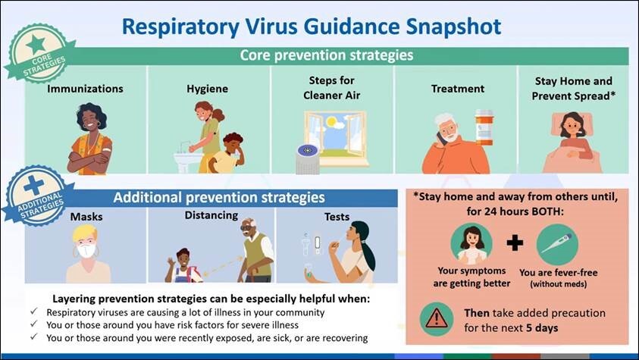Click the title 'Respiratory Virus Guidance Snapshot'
[x=312, y=26]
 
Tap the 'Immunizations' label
[x=85, y=89]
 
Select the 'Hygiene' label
[x=208, y=89]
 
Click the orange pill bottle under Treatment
[x=484, y=127]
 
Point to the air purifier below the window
[x=307, y=158]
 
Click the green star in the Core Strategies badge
[x=36, y=44]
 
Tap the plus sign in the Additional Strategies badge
[x=33, y=186]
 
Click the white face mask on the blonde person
[x=86, y=249]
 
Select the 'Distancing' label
[x=211, y=216]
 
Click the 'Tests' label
[x=337, y=217]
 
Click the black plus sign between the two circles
[x=515, y=243]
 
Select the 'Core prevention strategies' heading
[x=326, y=55]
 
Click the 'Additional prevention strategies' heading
[x=219, y=198]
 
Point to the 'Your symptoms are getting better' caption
[x=471, y=278]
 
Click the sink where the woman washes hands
[x=187, y=160]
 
